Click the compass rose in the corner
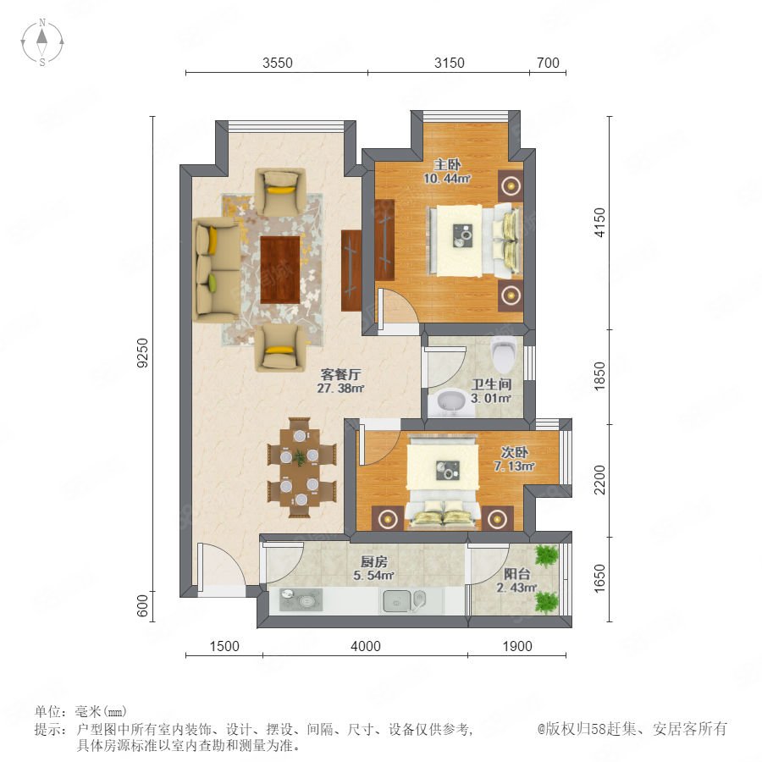(42, 42)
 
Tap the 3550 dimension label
(278, 63)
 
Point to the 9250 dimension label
(142, 353)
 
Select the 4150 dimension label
(600, 222)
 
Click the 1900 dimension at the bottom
(517, 646)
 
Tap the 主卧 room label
(447, 165)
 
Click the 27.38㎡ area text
(340, 389)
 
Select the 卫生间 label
(491, 384)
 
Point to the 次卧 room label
(515, 452)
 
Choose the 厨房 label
(373, 562)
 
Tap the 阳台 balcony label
(516, 574)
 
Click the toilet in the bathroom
(502, 353)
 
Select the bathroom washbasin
(451, 401)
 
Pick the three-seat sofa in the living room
(218, 270)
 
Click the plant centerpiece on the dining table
(300, 457)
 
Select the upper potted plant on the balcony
(547, 555)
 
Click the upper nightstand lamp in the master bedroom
(511, 185)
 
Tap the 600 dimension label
(142, 606)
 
